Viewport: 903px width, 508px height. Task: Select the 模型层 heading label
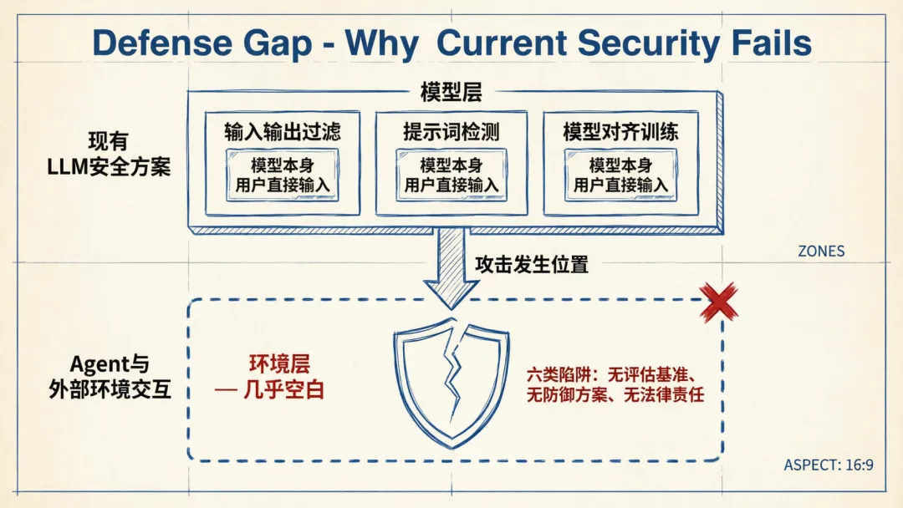(x=451, y=93)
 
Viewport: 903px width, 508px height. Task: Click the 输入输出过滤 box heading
(x=283, y=132)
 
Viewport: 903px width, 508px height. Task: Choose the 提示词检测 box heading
(x=451, y=132)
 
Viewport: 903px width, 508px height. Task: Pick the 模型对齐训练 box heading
(x=620, y=132)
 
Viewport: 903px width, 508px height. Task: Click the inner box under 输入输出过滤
(x=283, y=175)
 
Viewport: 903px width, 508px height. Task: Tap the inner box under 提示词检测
(x=451, y=175)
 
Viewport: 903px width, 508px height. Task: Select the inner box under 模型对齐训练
(x=620, y=175)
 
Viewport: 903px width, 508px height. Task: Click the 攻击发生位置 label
(x=532, y=265)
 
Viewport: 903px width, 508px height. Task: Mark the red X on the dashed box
(x=718, y=302)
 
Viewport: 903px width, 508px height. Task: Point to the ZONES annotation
(x=820, y=251)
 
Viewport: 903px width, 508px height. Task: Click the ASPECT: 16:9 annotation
(x=828, y=465)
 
